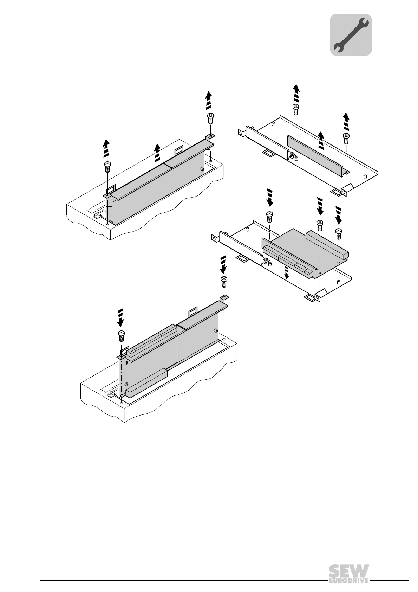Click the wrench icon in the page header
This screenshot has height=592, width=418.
point(351,35)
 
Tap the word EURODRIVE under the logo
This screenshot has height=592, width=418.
point(348,580)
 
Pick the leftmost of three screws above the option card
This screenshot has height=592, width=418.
point(269,217)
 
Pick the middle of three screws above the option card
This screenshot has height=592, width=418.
point(320,225)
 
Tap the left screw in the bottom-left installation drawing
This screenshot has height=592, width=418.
point(121,335)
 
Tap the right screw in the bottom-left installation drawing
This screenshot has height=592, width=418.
point(223,282)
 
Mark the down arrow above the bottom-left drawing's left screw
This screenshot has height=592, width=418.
point(120,318)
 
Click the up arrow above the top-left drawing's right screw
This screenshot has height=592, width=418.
point(209,99)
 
